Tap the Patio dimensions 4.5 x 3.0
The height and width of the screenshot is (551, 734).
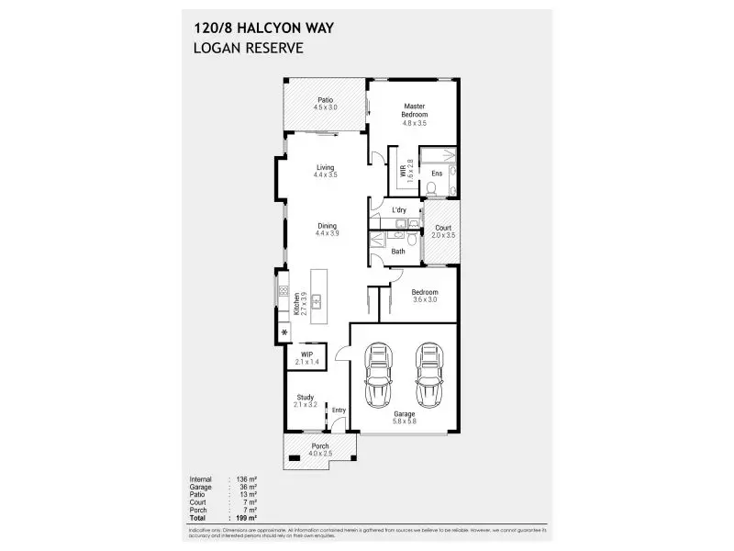(x=325, y=107)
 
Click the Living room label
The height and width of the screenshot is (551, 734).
(x=325, y=167)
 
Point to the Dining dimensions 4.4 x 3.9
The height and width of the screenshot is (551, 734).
(x=325, y=233)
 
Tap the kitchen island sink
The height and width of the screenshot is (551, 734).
(x=317, y=300)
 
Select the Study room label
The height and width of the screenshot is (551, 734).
(x=305, y=398)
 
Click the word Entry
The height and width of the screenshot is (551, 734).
(x=339, y=410)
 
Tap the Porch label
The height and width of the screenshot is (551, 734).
(x=319, y=446)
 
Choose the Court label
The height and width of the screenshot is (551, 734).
(x=443, y=228)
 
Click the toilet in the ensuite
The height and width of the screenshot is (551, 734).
(x=431, y=190)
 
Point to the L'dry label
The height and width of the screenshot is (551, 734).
(x=399, y=210)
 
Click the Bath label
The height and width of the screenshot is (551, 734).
(x=398, y=251)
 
